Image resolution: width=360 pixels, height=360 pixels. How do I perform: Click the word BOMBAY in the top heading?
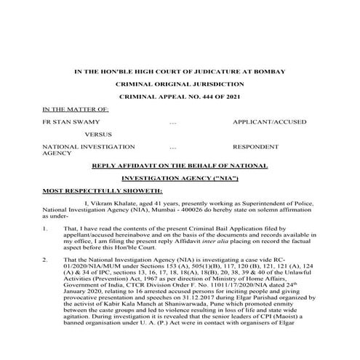click(x=268, y=71)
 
